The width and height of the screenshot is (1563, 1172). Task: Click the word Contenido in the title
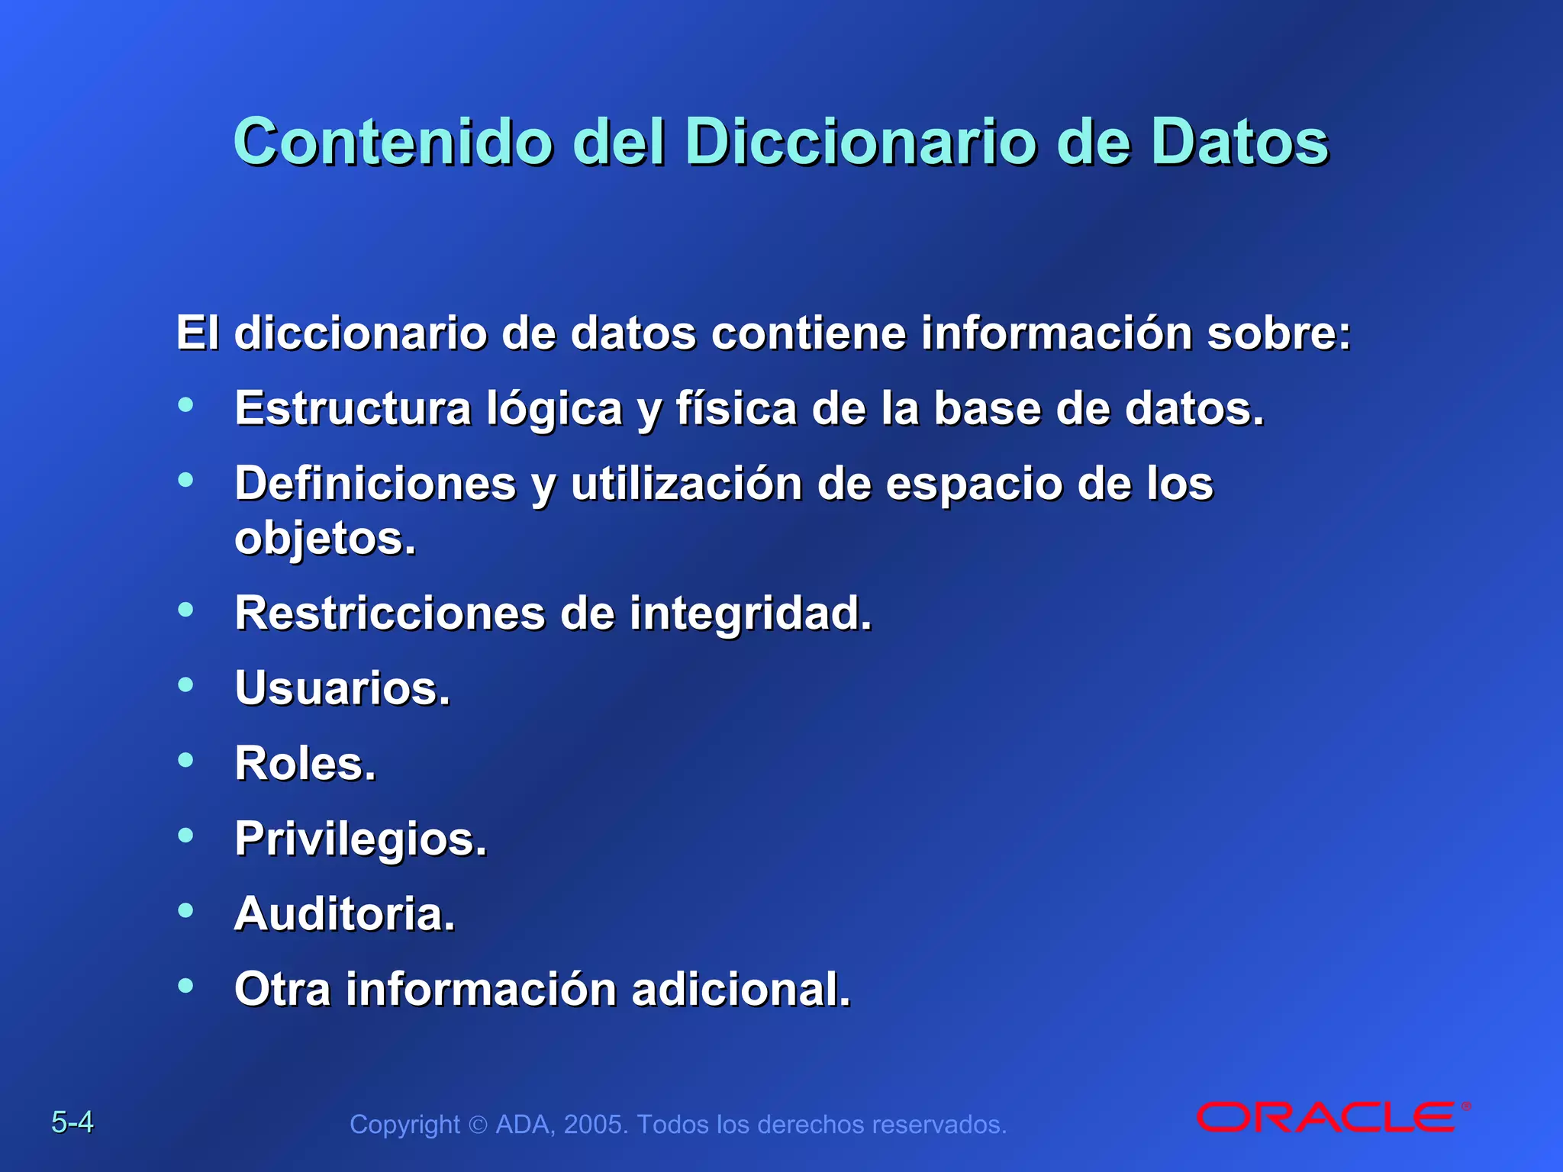point(393,143)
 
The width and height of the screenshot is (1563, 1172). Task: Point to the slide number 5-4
point(73,1122)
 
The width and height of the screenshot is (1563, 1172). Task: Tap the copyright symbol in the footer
point(478,1125)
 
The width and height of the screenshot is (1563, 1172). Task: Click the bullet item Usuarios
point(343,688)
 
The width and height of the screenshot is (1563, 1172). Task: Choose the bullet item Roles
point(305,764)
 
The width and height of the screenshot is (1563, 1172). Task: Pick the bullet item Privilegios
point(360,839)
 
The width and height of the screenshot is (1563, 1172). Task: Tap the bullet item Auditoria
point(344,914)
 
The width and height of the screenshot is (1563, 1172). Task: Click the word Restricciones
point(390,613)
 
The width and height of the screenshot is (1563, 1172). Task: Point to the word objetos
point(325,539)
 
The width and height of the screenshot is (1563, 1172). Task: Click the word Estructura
point(353,409)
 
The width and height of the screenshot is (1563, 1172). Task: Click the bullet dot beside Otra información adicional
point(185,985)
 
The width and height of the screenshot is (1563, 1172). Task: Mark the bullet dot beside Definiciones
point(185,480)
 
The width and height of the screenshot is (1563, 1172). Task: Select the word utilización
point(686,484)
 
